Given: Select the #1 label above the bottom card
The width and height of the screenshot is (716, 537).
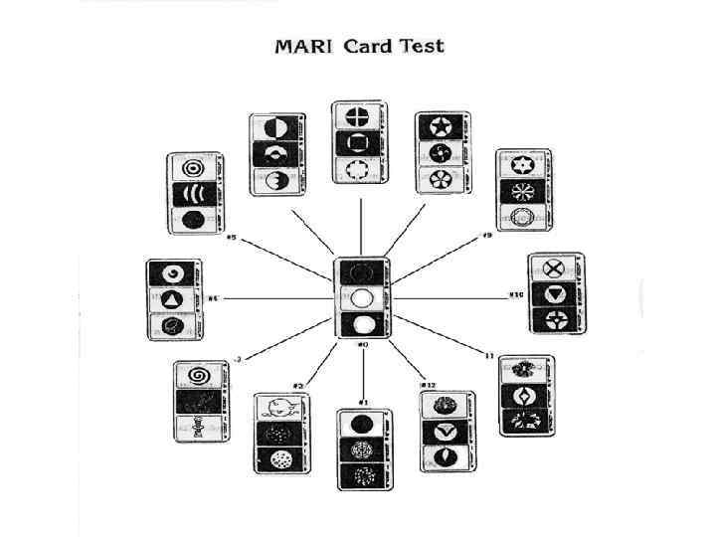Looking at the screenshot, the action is tap(363, 402).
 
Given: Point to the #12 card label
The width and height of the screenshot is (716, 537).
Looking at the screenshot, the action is tap(430, 384).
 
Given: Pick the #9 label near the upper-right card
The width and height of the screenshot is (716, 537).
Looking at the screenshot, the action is tap(487, 236).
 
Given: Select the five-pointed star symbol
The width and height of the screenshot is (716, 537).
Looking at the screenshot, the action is tap(441, 127).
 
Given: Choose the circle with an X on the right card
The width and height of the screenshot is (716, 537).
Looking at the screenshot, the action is tap(555, 268).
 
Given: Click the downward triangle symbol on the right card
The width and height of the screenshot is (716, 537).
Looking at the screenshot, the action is tap(555, 294).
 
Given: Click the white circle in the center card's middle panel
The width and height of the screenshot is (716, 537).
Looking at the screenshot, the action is tap(362, 297).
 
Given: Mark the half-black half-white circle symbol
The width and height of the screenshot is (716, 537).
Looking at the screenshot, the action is tap(275, 127).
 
